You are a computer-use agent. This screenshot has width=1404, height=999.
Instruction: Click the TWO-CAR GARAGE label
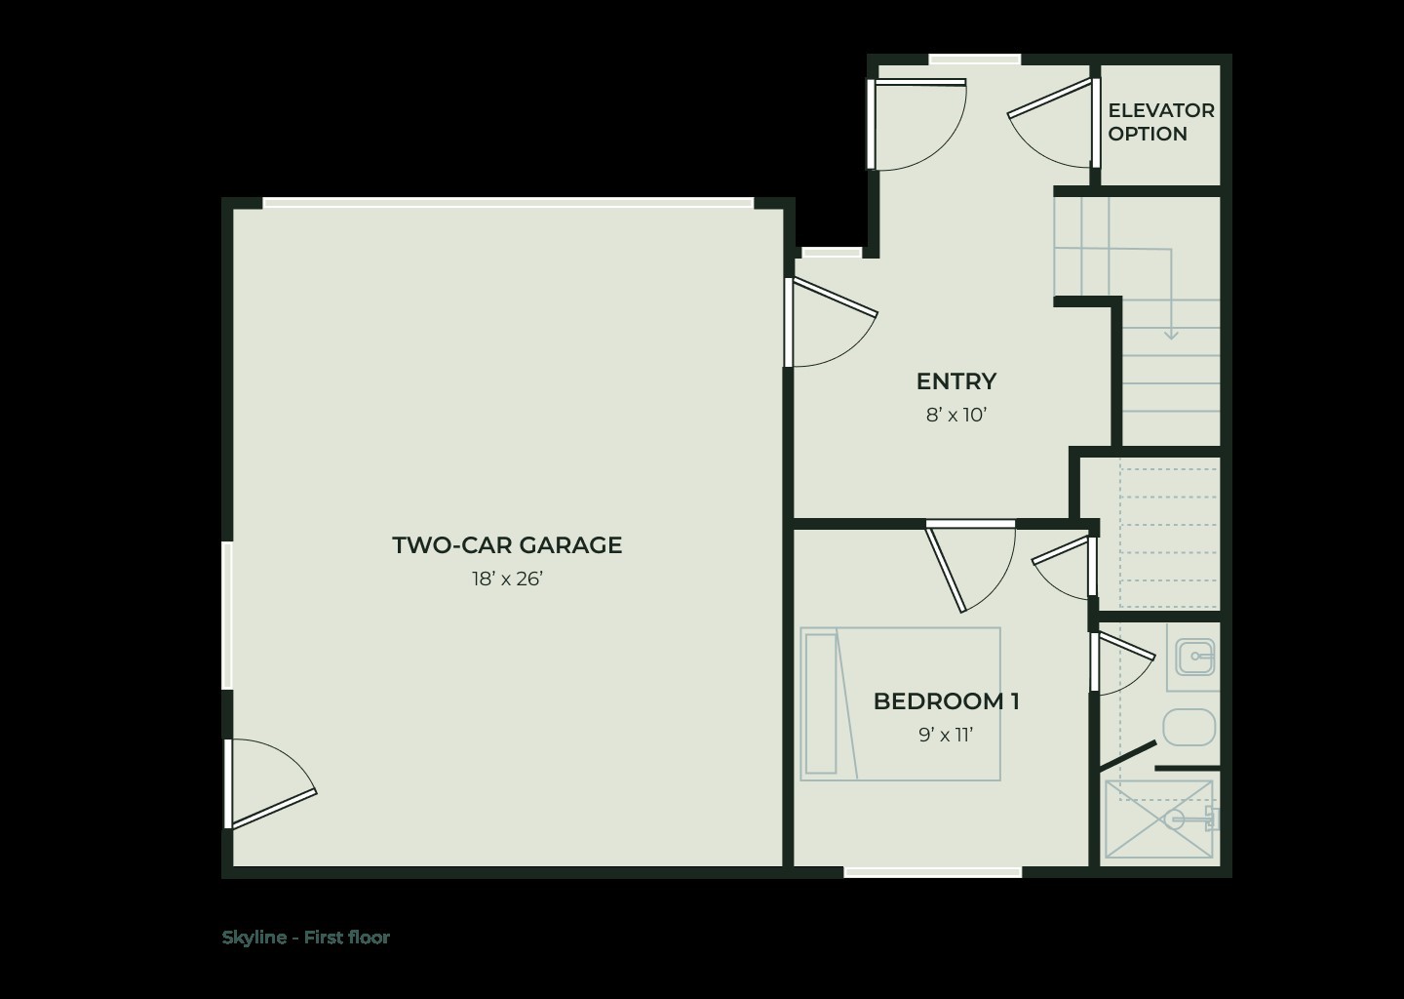[507, 545]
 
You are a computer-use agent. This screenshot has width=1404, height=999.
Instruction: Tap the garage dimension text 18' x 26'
[507, 579]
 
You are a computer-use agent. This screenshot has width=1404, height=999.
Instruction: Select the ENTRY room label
[955, 381]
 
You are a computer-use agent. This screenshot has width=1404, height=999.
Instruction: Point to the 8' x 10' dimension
[955, 416]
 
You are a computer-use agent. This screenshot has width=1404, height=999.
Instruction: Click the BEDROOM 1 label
[946, 701]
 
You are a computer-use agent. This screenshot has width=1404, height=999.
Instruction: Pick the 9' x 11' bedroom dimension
[946, 736]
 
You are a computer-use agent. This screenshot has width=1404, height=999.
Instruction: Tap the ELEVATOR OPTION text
[1160, 122]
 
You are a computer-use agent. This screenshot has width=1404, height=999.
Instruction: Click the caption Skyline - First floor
[305, 938]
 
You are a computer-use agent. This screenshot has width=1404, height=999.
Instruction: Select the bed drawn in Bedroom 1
[900, 703]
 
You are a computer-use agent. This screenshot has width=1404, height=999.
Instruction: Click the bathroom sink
[1194, 657]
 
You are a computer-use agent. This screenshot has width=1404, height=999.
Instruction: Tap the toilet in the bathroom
[1189, 727]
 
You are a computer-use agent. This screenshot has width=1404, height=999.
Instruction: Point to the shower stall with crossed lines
[1157, 820]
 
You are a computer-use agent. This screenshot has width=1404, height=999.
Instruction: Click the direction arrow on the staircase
[1171, 332]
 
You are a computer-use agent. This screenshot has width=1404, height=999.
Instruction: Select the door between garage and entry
[829, 322]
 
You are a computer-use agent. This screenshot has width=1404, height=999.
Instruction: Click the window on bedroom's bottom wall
[932, 872]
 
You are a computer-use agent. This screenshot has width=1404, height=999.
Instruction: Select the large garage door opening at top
[508, 203]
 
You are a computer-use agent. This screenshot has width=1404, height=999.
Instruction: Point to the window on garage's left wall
[227, 616]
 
